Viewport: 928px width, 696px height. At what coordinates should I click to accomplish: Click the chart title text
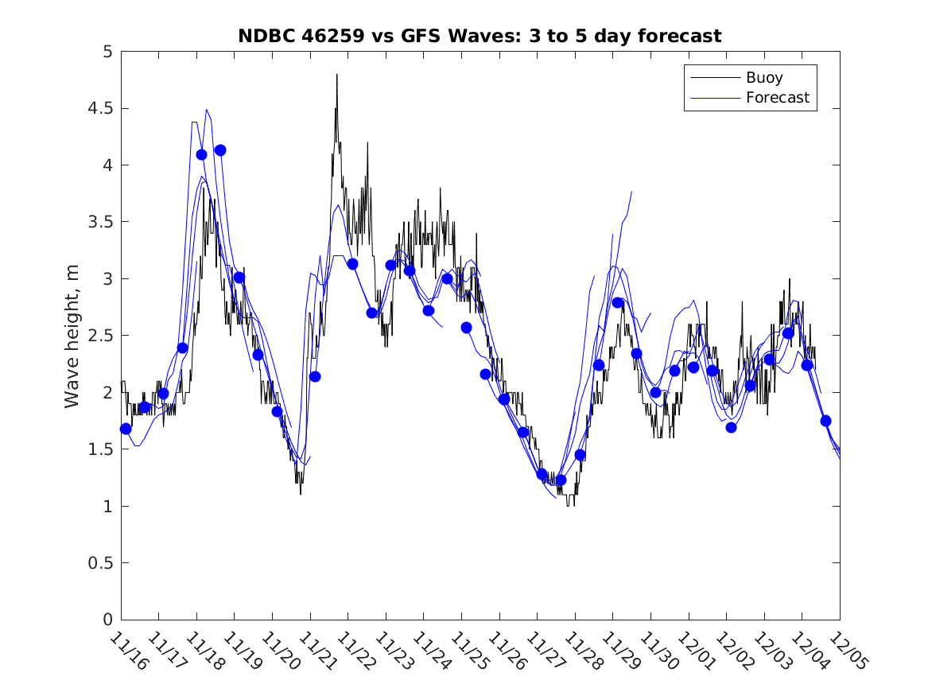pyautogui.click(x=480, y=36)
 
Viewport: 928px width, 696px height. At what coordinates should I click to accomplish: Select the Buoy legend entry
pyautogui.click(x=763, y=78)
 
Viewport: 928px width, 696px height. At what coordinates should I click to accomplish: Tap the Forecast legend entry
pyautogui.click(x=777, y=98)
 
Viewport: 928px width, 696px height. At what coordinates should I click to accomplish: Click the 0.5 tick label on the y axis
pyautogui.click(x=102, y=563)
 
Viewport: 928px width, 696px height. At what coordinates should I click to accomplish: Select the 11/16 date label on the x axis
pyautogui.click(x=128, y=651)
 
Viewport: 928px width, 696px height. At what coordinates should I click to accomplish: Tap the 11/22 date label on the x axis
pyautogui.click(x=355, y=651)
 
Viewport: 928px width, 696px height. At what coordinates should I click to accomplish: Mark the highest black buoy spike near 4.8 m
pyautogui.click(x=336, y=75)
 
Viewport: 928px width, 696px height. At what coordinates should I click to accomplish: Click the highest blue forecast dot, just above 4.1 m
pyautogui.click(x=220, y=150)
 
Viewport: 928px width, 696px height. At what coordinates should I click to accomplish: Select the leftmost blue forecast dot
pyautogui.click(x=126, y=429)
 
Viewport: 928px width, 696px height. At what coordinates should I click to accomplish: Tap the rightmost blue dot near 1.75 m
pyautogui.click(x=825, y=421)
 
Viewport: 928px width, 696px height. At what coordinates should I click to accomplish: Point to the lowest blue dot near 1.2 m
pyautogui.click(x=561, y=480)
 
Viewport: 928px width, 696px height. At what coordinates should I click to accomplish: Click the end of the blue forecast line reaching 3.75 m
pyautogui.click(x=631, y=192)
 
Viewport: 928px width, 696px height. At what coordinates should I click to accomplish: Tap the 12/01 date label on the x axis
pyautogui.click(x=696, y=651)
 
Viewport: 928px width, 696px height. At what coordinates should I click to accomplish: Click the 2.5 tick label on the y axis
pyautogui.click(x=102, y=336)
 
